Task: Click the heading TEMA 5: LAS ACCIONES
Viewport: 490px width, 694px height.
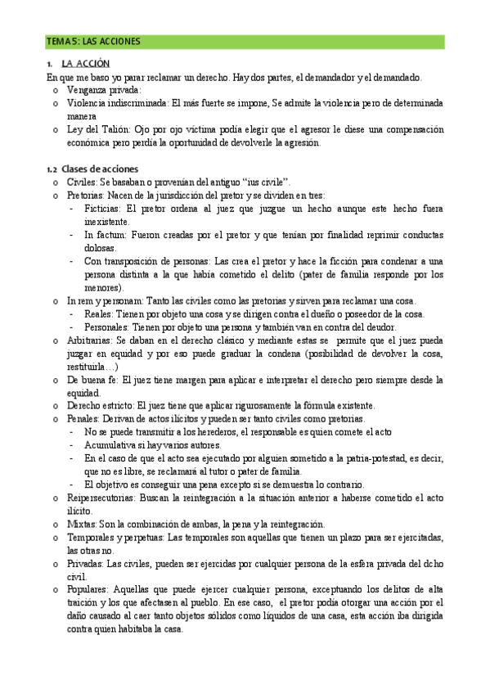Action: [93, 40]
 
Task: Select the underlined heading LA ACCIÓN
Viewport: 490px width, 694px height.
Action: [86, 64]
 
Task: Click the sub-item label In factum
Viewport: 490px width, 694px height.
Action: [102, 235]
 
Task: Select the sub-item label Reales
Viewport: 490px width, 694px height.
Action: [98, 314]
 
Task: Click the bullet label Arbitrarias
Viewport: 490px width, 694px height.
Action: [89, 340]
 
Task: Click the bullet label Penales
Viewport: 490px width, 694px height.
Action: [83, 419]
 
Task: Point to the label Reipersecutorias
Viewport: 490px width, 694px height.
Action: [103, 498]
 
